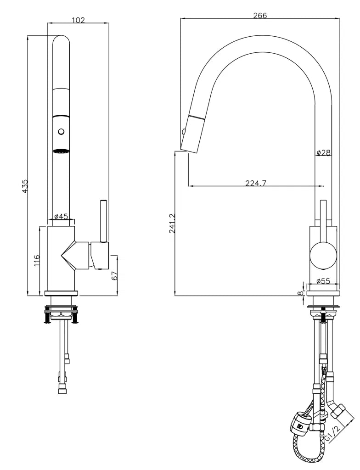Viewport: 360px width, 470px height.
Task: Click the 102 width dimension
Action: pos(79,20)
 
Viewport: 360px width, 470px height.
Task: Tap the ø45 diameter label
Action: pos(62,217)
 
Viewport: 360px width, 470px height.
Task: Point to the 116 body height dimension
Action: pos(36,261)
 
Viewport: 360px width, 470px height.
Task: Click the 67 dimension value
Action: pos(115,275)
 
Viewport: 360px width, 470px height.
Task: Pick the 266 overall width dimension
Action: pos(260,16)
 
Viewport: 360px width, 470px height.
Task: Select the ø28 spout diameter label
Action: pos(323,152)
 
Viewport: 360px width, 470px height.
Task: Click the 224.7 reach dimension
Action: pos(256,183)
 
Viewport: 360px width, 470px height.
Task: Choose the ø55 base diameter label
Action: pos(323,281)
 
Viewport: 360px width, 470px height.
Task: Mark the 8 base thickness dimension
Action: pos(300,293)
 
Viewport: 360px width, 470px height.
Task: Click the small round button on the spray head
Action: pos(61,132)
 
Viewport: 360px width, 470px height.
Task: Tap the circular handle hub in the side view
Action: pos(323,255)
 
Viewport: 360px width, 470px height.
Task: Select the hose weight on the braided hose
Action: pos(300,424)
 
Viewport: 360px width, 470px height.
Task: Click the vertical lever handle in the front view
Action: pos(103,221)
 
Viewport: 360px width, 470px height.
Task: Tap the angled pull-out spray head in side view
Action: pos(191,134)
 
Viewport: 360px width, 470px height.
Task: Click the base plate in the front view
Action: pos(62,293)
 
